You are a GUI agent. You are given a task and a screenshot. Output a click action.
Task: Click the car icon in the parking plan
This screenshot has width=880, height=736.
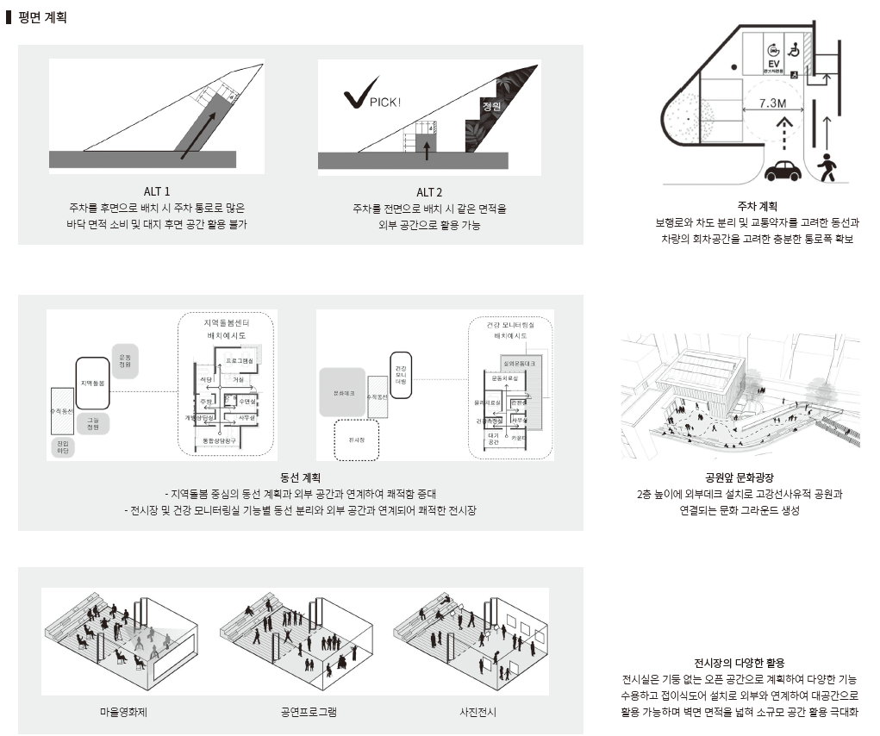click(782, 170)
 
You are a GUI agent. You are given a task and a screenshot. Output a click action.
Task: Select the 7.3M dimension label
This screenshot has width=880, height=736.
click(772, 103)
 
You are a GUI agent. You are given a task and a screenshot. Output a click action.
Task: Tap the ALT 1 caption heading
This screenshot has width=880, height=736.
click(157, 191)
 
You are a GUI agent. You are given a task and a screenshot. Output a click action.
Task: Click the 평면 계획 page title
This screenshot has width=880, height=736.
click(42, 16)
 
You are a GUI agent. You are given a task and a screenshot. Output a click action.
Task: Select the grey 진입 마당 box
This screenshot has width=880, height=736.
click(63, 446)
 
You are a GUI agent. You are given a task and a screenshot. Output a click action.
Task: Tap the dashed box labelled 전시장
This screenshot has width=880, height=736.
click(356, 439)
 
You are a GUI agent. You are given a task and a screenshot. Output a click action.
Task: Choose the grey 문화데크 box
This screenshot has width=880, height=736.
click(342, 392)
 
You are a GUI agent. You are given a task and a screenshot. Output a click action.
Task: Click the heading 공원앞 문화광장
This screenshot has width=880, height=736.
click(739, 477)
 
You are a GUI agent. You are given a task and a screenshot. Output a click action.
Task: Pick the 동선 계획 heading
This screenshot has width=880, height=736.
click(301, 477)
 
